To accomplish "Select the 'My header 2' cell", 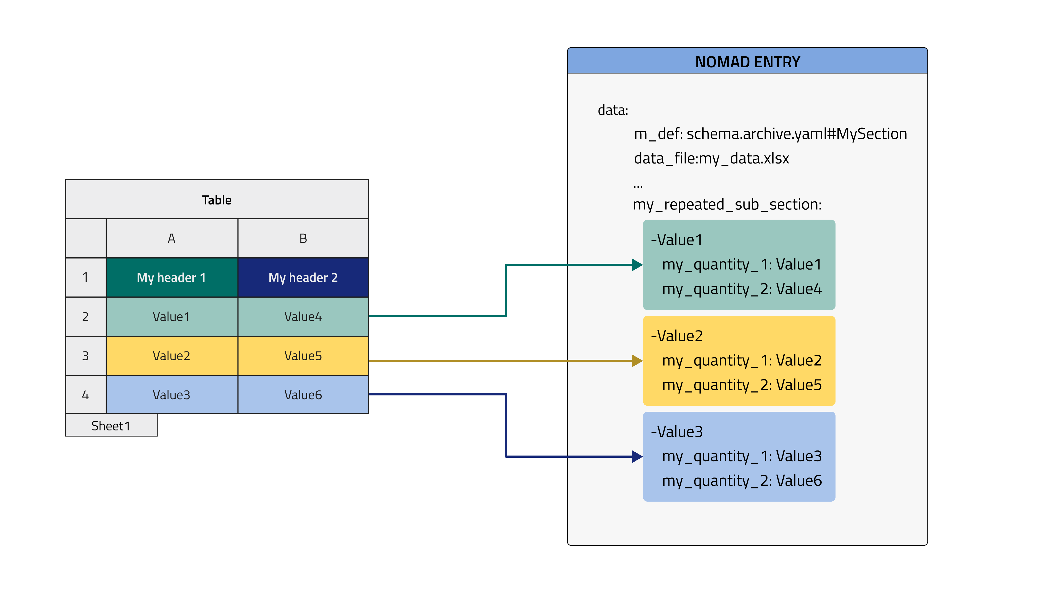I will click(303, 277).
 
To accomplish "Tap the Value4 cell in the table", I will click(303, 316).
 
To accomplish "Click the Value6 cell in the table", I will click(303, 395).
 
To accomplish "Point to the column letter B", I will click(303, 238).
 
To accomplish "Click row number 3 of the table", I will click(85, 356).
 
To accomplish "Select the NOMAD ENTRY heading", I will click(747, 62).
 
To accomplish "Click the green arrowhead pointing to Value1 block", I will click(637, 265).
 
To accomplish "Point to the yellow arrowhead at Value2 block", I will click(637, 360).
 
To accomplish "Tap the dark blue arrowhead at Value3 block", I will click(637, 456).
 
